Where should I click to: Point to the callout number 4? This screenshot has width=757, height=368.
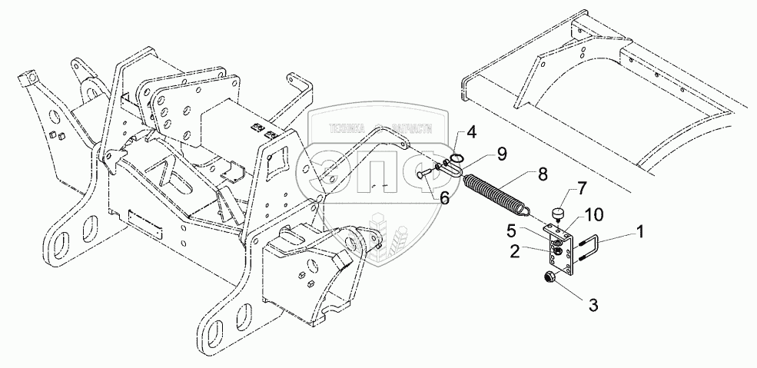click(472, 131)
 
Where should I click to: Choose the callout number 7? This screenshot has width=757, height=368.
click(581, 188)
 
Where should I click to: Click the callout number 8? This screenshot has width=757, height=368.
click(543, 174)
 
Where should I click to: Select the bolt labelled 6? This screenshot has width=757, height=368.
click(427, 175)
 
